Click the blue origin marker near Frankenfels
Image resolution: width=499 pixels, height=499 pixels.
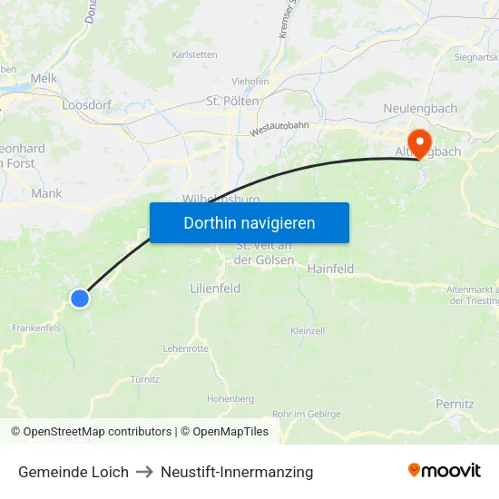pos(80,298)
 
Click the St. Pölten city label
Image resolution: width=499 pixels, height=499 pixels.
pos(233,101)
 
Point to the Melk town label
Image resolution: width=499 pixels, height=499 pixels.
pos(44,79)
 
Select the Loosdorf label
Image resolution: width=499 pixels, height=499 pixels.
pos(86,105)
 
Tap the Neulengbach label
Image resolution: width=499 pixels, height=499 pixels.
pos(419,108)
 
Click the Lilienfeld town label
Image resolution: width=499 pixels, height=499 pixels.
pos(215,288)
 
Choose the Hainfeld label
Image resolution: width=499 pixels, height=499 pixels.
pos(330,269)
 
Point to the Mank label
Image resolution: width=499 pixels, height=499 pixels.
pos(46,193)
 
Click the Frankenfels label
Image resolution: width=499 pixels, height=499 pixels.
pos(35,328)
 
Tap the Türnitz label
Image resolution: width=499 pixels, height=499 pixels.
pos(144,379)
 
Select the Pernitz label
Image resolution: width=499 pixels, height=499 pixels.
pos(455,404)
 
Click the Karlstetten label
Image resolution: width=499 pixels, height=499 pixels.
pos(194,54)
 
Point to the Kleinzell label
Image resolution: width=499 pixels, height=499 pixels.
pos(308,331)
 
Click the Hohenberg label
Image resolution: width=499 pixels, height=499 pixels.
pos(230,398)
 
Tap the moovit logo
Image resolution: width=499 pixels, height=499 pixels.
pos(444,471)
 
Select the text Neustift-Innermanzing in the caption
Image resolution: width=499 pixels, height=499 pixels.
pos(237,472)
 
